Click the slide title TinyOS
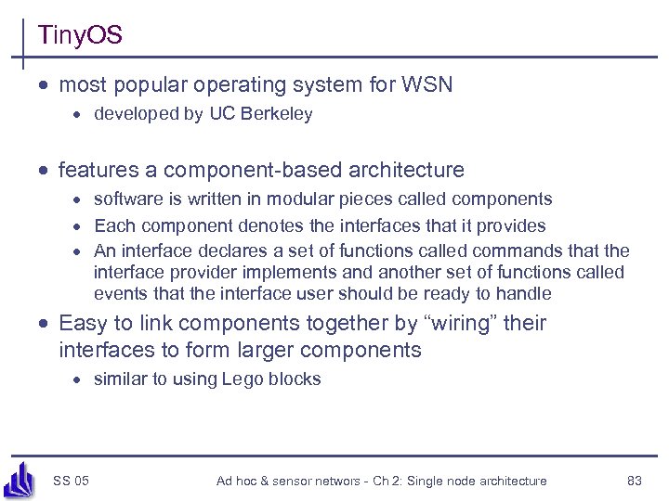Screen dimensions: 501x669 click(80, 36)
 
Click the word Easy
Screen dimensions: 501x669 click(80, 324)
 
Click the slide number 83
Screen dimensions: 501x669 click(636, 481)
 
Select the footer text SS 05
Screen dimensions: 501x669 click(72, 481)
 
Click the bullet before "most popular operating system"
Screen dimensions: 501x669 click(45, 86)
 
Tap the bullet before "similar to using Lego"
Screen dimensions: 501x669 click(81, 380)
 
